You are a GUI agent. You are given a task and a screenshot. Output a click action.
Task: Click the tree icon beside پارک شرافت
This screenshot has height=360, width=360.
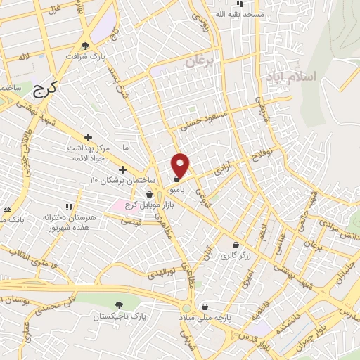click(x=85, y=45)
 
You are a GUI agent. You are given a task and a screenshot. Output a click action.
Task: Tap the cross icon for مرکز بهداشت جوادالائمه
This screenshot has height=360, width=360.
click(x=88, y=137)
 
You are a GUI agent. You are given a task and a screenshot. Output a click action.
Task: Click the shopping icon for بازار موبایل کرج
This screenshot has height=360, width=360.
click(x=150, y=194)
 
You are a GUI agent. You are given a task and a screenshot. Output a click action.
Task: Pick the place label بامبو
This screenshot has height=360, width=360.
click(x=176, y=190)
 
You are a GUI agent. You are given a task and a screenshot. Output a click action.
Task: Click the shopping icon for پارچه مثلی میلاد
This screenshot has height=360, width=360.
click(x=204, y=307)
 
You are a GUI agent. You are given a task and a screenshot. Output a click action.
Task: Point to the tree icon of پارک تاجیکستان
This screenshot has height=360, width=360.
click(x=118, y=305)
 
